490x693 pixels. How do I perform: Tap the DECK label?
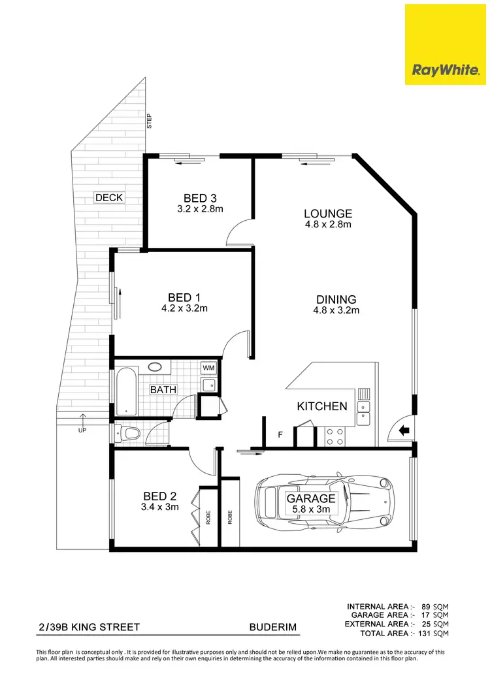(109, 198)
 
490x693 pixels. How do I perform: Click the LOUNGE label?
(328, 214)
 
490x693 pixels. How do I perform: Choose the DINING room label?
(336, 300)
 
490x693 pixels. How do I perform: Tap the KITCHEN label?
(322, 406)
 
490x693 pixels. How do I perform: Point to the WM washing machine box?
(208, 369)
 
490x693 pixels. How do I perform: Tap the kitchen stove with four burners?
(335, 436)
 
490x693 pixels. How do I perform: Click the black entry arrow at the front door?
(404, 430)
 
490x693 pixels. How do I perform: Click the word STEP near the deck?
(150, 121)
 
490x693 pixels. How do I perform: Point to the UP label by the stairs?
(82, 430)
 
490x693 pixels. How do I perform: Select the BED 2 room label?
(160, 496)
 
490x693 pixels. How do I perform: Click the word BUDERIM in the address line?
(273, 628)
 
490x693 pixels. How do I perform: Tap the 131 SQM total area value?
(434, 633)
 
